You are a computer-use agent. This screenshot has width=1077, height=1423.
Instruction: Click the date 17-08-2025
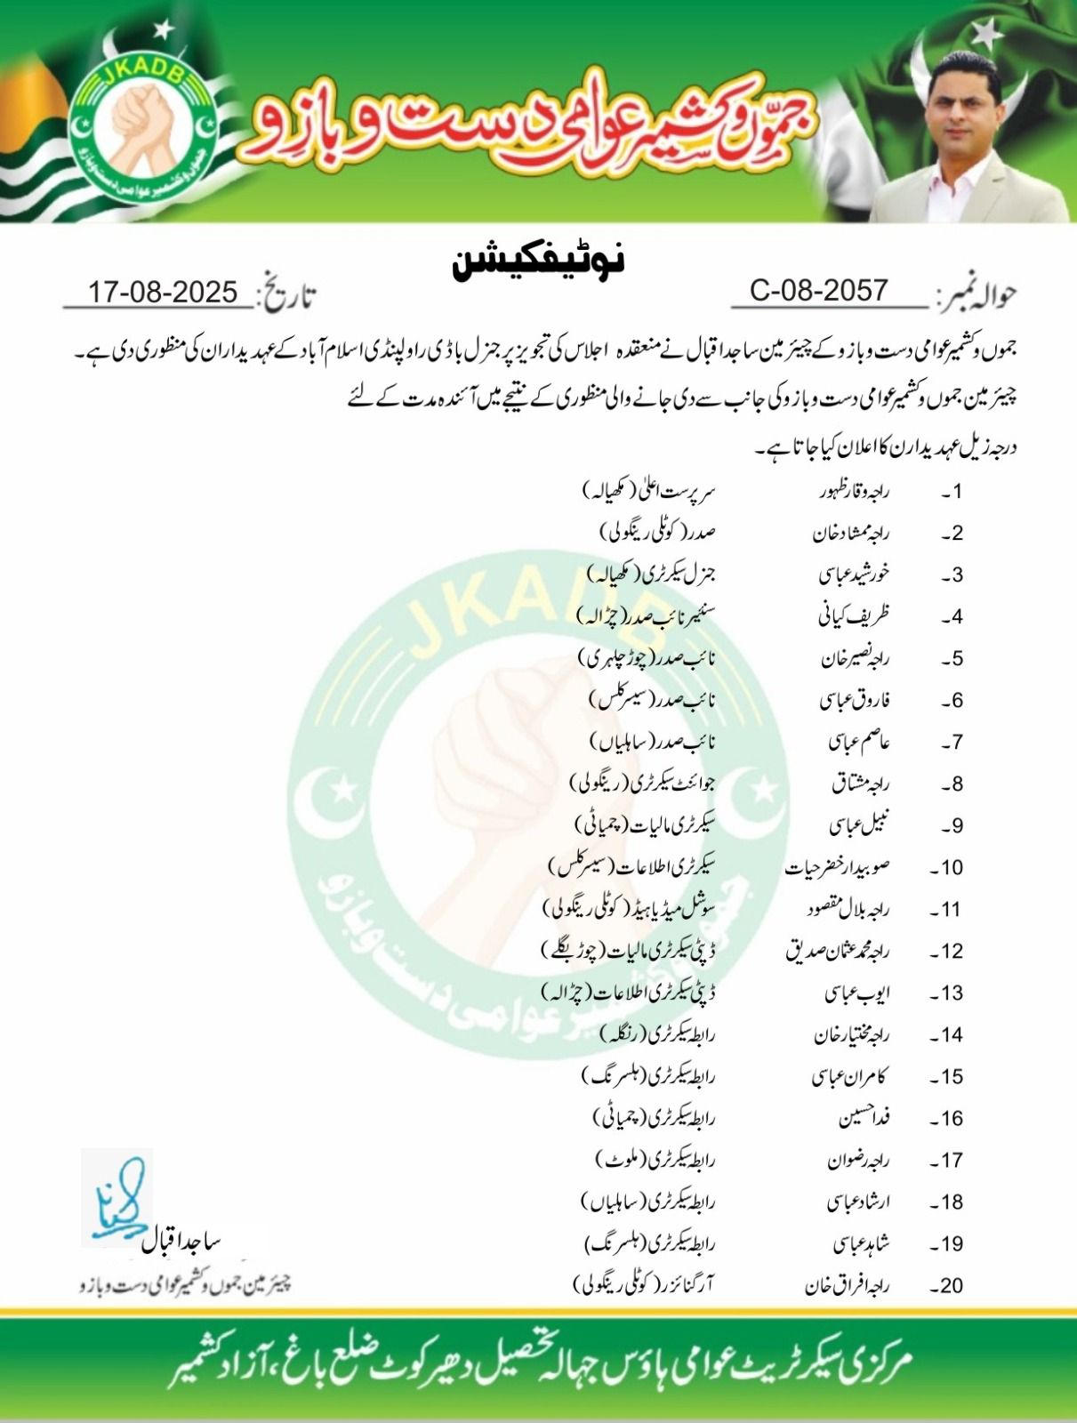pyautogui.click(x=163, y=292)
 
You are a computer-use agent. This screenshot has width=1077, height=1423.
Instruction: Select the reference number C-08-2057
pyautogui.click(x=818, y=290)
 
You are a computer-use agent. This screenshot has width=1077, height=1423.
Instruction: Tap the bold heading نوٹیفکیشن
pyautogui.click(x=539, y=261)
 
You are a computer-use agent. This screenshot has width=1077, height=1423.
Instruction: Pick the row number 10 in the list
pyautogui.click(x=947, y=868)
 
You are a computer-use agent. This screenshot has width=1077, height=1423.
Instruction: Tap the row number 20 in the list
pyautogui.click(x=947, y=1286)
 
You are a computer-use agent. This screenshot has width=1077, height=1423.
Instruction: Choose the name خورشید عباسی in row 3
pyautogui.click(x=854, y=575)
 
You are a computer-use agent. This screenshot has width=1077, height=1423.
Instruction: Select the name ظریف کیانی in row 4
pyautogui.click(x=854, y=616)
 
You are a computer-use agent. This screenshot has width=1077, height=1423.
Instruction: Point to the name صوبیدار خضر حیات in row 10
pyautogui.click(x=837, y=868)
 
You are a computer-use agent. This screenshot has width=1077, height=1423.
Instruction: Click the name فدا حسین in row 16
pyautogui.click(x=864, y=1119)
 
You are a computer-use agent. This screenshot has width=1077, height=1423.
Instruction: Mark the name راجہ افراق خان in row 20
pyautogui.click(x=847, y=1286)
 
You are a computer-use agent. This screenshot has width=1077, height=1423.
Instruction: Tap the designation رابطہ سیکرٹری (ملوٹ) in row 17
pyautogui.click(x=655, y=1161)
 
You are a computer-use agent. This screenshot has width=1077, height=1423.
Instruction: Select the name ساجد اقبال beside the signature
pyautogui.click(x=182, y=1242)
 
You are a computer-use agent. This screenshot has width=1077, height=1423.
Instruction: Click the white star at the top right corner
pyautogui.click(x=985, y=35)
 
